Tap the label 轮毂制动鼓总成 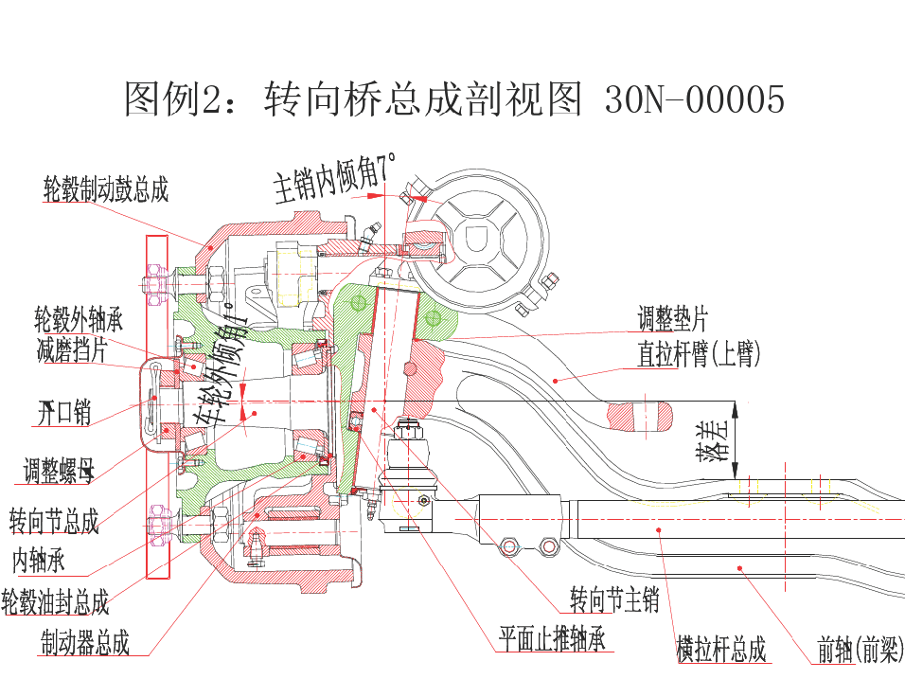click(106, 189)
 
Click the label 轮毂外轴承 click(79, 318)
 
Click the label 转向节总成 click(54, 521)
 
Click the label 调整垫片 click(672, 318)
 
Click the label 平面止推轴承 click(552, 639)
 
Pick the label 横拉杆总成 click(720, 651)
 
